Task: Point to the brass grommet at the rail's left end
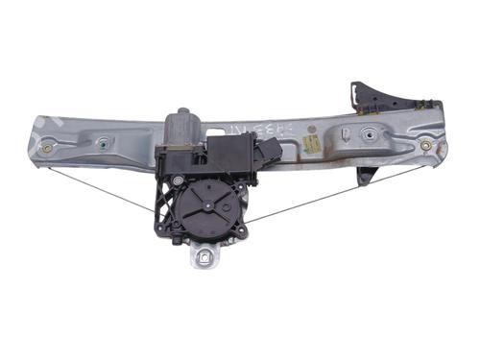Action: click(x=46, y=149)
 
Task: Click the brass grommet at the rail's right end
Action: click(x=425, y=146)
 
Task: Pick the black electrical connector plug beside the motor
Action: click(x=268, y=149)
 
